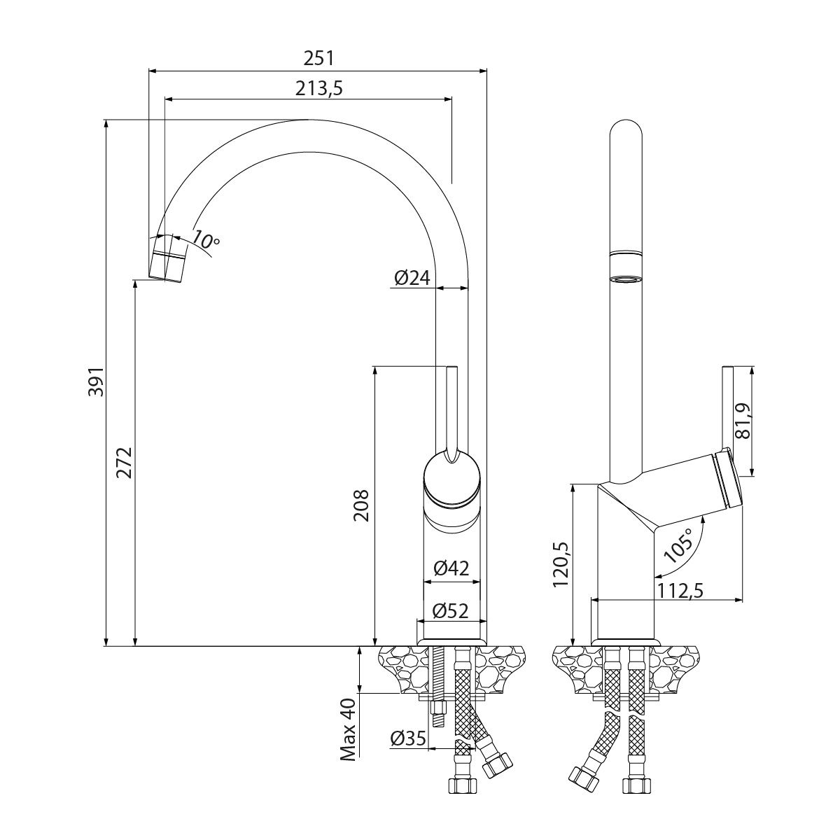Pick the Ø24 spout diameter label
pos(411,278)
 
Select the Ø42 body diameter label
pos(451,569)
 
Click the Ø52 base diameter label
pos(451,610)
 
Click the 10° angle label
pos(205,239)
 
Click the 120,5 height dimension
pos(563,564)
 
